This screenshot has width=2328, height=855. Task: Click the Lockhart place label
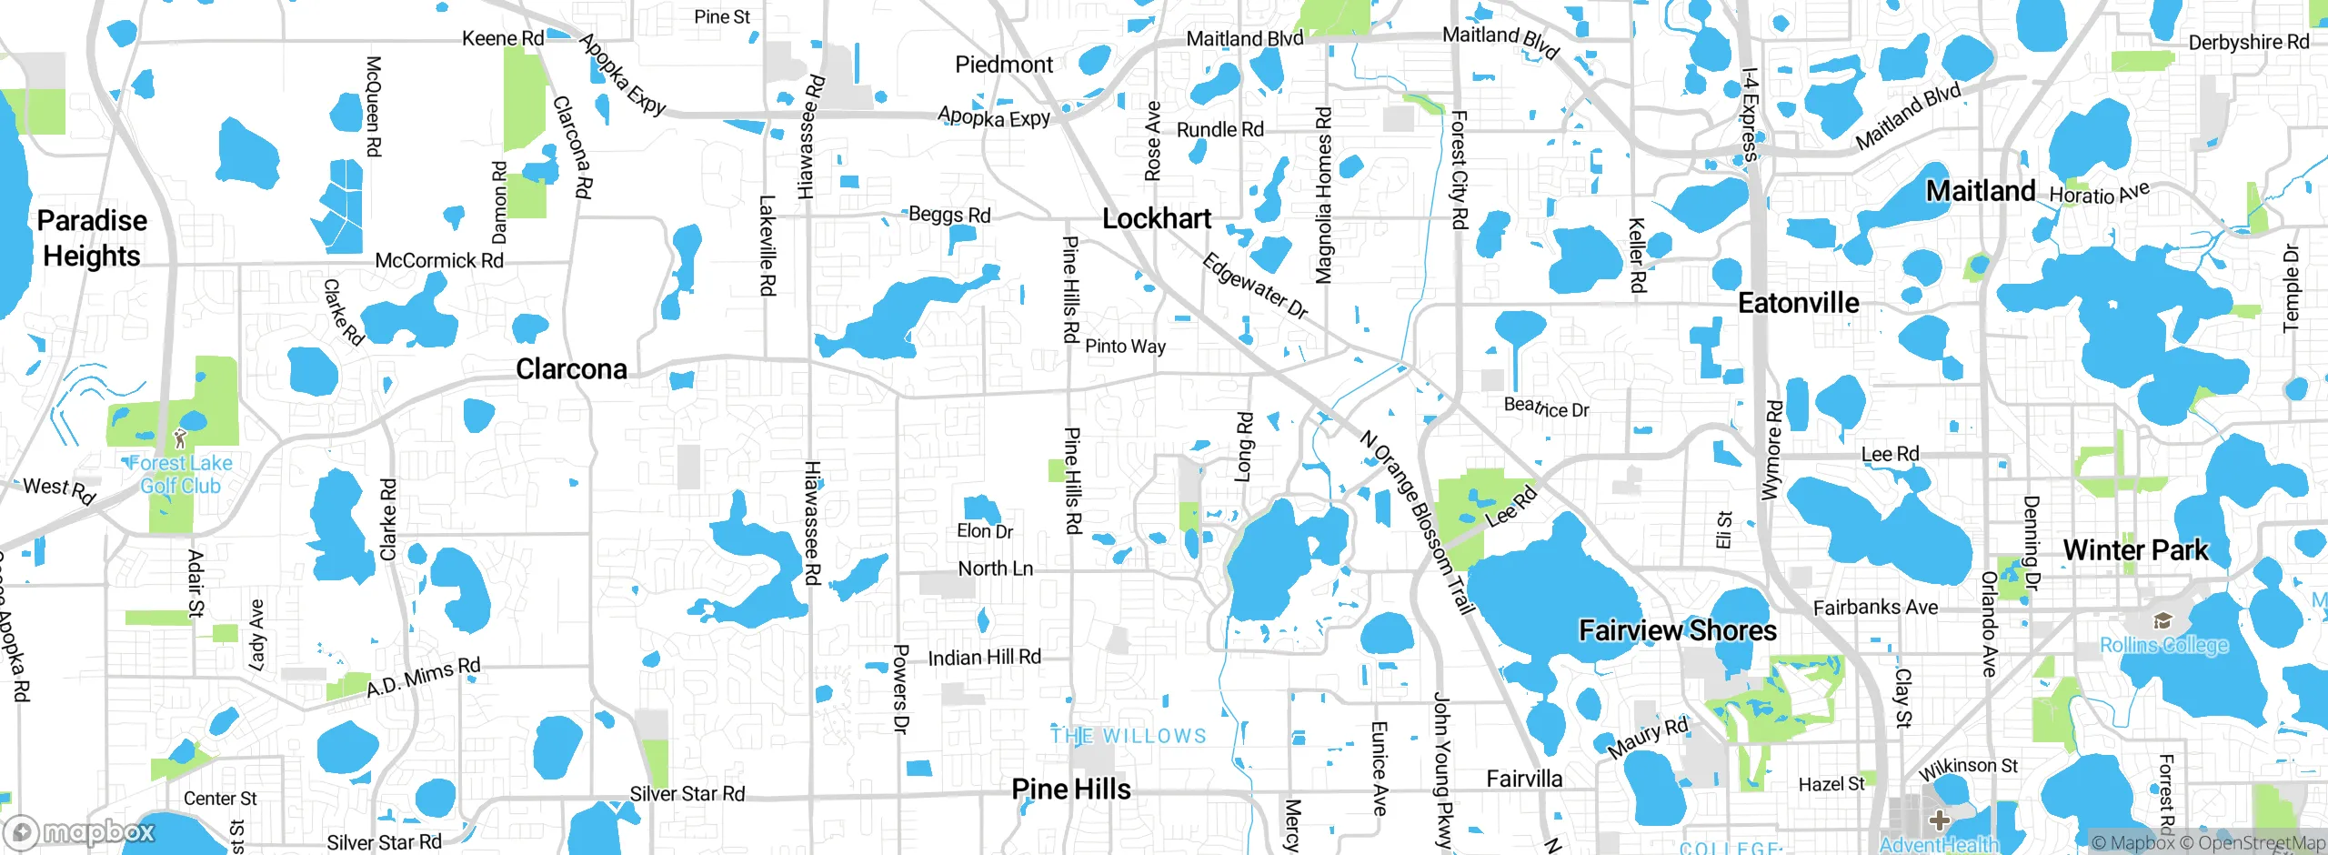pyautogui.click(x=1156, y=219)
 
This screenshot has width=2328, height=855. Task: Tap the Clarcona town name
pyautogui.click(x=571, y=369)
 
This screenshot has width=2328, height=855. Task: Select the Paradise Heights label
pyautogui.click(x=92, y=238)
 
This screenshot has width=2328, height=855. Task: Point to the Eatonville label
pyautogui.click(x=1798, y=303)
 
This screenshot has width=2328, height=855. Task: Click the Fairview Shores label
pyautogui.click(x=1677, y=630)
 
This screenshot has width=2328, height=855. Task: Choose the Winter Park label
pyautogui.click(x=2134, y=550)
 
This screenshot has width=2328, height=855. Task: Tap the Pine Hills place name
pyautogui.click(x=1071, y=790)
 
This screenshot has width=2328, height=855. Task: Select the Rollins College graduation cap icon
pyautogui.click(x=2162, y=621)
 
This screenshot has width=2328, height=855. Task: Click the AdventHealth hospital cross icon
pyautogui.click(x=1938, y=820)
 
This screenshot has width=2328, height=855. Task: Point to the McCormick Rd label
pyautogui.click(x=439, y=261)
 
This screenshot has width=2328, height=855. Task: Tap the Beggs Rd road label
pyautogui.click(x=949, y=216)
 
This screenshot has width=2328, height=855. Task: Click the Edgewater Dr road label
pyautogui.click(x=1255, y=287)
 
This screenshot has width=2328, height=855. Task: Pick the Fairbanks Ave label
pyautogui.click(x=1875, y=608)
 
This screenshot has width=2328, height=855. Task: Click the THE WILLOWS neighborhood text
pyautogui.click(x=1129, y=736)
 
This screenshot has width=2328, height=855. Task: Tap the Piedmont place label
pyautogui.click(x=1004, y=65)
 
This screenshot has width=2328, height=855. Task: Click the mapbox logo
pyautogui.click(x=82, y=832)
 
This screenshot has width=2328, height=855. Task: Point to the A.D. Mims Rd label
pyautogui.click(x=423, y=678)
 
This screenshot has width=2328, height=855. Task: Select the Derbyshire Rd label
pyautogui.click(x=2248, y=43)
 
